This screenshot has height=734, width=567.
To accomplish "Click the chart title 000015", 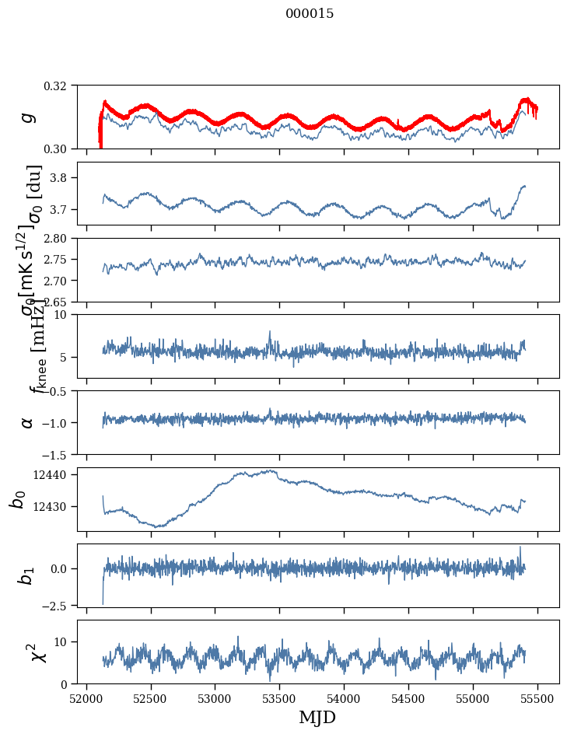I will coord(310,14).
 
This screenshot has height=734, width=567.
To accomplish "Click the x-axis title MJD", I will coord(317,717).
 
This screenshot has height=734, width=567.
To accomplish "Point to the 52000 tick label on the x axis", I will coord(86,697).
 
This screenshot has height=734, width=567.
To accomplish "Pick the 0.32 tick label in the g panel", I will coord(61,86).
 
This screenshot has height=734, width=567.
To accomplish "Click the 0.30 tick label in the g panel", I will coord(61,149).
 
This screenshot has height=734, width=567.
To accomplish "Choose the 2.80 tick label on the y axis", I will coord(61,239).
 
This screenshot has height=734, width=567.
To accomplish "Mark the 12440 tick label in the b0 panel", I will coord(56,474).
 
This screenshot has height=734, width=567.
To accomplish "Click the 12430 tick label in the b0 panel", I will coord(56,506).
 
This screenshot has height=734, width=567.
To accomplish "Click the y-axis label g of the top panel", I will coord(28,117).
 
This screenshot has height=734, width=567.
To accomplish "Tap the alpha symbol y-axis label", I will coord(28,422).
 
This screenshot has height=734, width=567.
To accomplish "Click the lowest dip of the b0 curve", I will coord(159,526).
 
